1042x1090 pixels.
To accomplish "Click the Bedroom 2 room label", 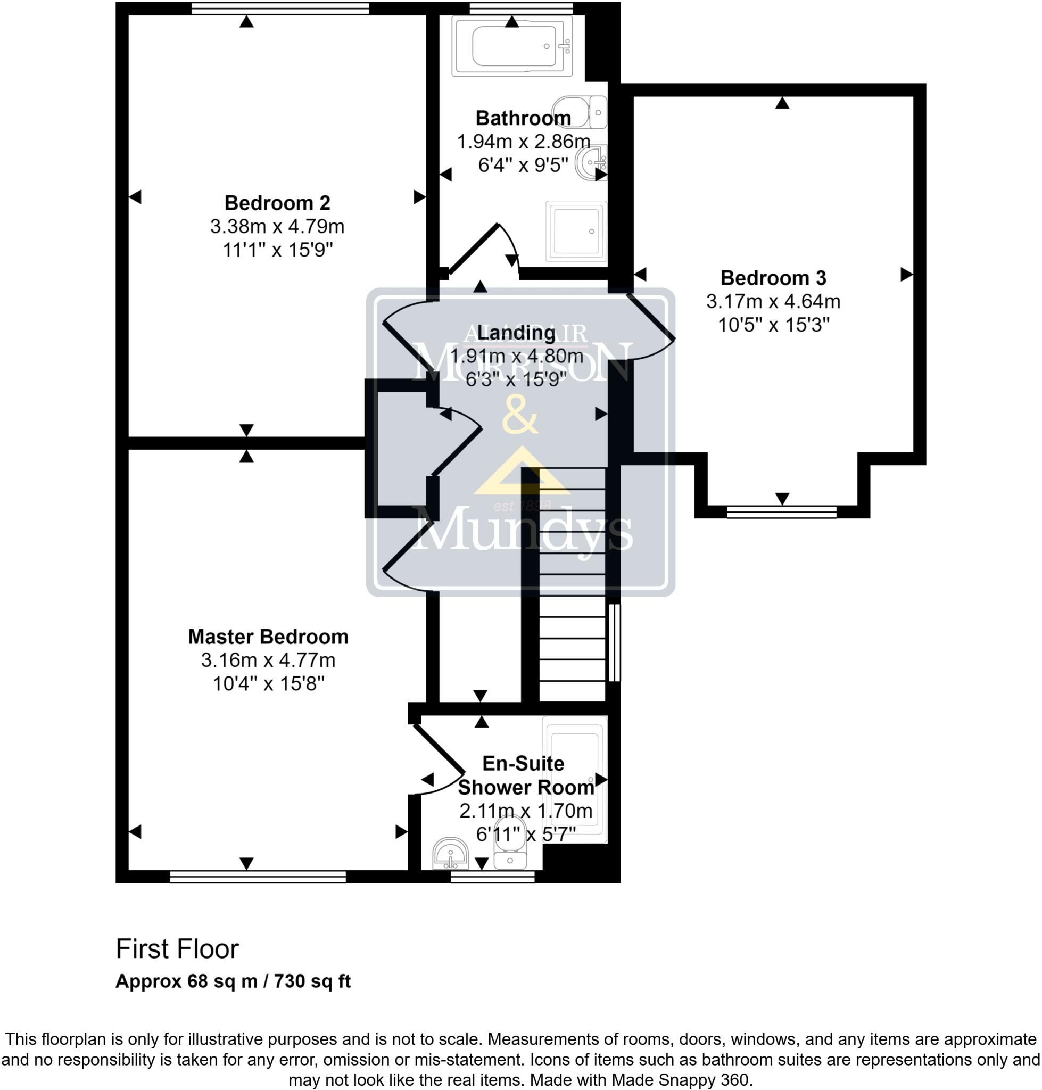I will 277,203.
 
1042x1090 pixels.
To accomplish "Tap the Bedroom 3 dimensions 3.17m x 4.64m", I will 773,302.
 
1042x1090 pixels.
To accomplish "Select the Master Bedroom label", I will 268,637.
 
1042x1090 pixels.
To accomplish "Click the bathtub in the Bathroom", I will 511,47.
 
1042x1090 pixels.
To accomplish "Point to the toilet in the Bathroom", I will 579,112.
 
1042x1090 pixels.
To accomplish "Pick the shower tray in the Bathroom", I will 576,231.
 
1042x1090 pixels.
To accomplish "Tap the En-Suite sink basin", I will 450,853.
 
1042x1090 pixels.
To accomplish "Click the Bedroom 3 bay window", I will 781,511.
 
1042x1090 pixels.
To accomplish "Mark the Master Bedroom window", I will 258,877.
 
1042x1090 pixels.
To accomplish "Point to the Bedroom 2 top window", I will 280,8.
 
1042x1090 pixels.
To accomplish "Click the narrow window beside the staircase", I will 614,642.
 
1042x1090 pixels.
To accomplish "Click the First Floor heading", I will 177,949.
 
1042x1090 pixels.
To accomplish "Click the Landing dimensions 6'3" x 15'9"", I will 516,379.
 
